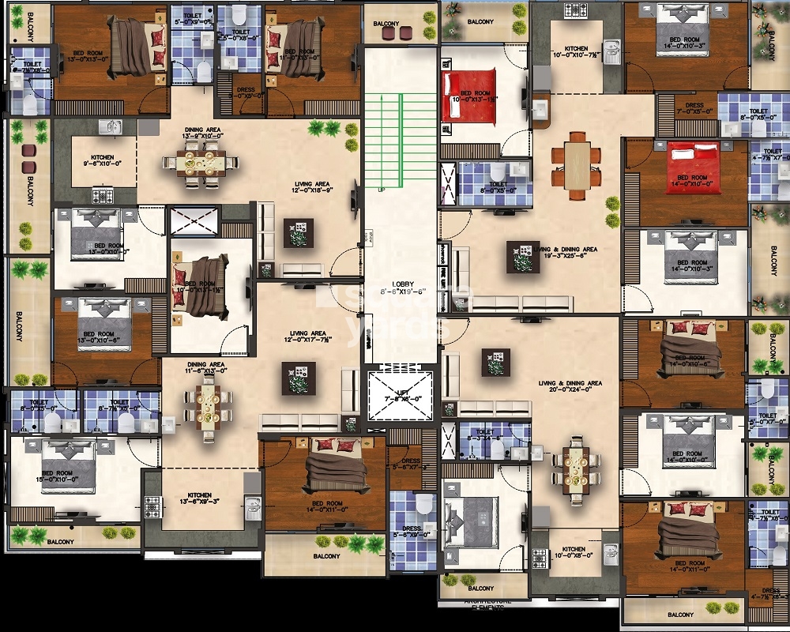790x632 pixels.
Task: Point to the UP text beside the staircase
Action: (x=382, y=190)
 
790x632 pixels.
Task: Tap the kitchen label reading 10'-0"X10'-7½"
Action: (x=575, y=53)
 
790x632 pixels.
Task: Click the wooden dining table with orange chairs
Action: (x=577, y=164)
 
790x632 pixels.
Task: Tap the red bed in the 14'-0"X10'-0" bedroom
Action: (x=693, y=162)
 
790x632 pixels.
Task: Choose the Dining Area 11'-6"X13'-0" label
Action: (x=205, y=369)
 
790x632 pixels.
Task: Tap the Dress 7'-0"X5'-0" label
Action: (x=694, y=109)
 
